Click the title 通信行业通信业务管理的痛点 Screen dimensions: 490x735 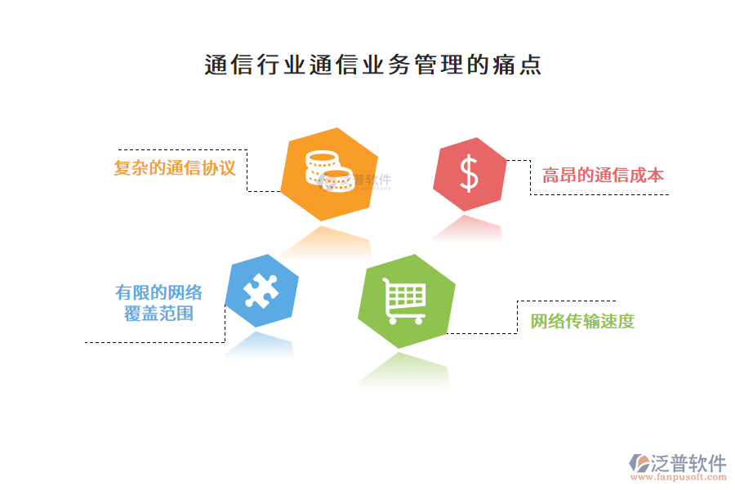pyautogui.click(x=372, y=65)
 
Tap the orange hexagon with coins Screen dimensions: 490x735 pyautogui.click(x=329, y=174)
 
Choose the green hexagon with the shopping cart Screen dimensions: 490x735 pyautogui.click(x=406, y=301)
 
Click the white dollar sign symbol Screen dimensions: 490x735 pyautogui.click(x=469, y=174)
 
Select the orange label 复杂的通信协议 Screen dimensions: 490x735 pyautogui.click(x=175, y=169)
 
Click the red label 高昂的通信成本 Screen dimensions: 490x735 pyautogui.click(x=604, y=175)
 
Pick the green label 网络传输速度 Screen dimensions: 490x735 pyautogui.click(x=582, y=321)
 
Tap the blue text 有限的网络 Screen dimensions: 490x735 pyautogui.click(x=158, y=292)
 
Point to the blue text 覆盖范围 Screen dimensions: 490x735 pyautogui.click(x=158, y=314)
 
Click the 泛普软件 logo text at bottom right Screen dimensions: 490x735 pyautogui.click(x=688, y=463)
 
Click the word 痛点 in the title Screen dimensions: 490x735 pyautogui.click(x=517, y=65)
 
